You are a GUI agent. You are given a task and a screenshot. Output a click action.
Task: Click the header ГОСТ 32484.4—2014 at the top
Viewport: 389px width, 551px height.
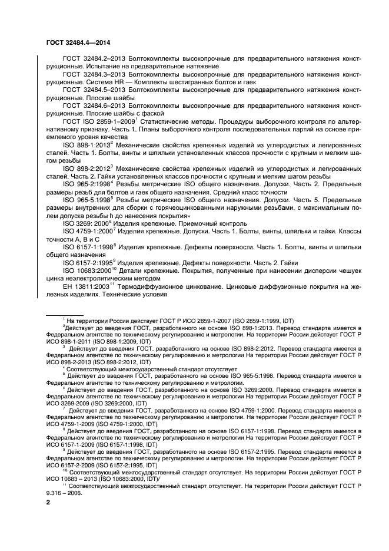coord(77,42)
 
